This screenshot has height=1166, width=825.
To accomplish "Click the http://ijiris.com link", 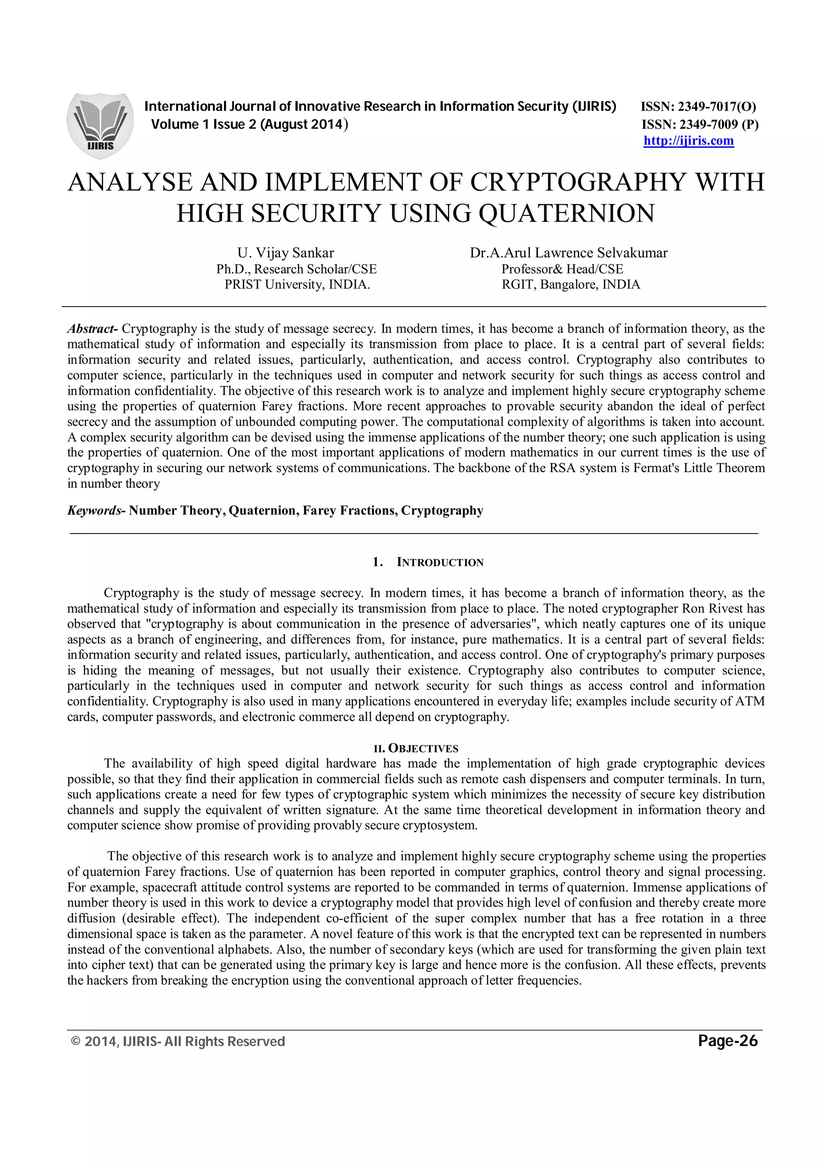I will pyautogui.click(x=688, y=141).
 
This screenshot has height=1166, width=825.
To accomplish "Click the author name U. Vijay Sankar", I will pyautogui.click(x=286, y=253).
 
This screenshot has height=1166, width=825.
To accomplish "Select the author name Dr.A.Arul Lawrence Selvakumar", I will pyautogui.click(x=568, y=253).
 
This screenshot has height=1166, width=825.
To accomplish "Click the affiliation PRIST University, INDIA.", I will pyautogui.click(x=297, y=284).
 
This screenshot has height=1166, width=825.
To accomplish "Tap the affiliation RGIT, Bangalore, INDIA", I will pyautogui.click(x=570, y=284).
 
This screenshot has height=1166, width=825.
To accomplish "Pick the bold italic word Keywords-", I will pyautogui.click(x=95, y=511).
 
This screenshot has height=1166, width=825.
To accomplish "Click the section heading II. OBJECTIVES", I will pyautogui.click(x=416, y=748).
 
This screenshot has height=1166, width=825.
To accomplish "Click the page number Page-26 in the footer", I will pyautogui.click(x=728, y=1041).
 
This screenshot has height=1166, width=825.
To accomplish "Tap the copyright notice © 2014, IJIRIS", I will pyautogui.click(x=178, y=1042).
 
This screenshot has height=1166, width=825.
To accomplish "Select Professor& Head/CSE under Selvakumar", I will pyautogui.click(x=562, y=269).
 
